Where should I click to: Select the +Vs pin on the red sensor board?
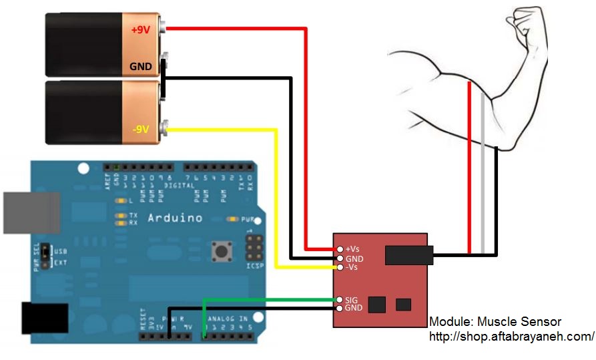point(340,249)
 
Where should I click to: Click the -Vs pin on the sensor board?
point(340,267)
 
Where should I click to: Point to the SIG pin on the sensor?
point(340,300)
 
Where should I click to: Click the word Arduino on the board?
point(174,218)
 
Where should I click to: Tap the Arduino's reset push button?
point(220,252)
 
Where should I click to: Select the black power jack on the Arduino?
point(45,318)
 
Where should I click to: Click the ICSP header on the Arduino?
point(254,250)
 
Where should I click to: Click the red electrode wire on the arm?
point(469,167)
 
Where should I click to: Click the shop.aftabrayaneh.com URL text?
point(511,336)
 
